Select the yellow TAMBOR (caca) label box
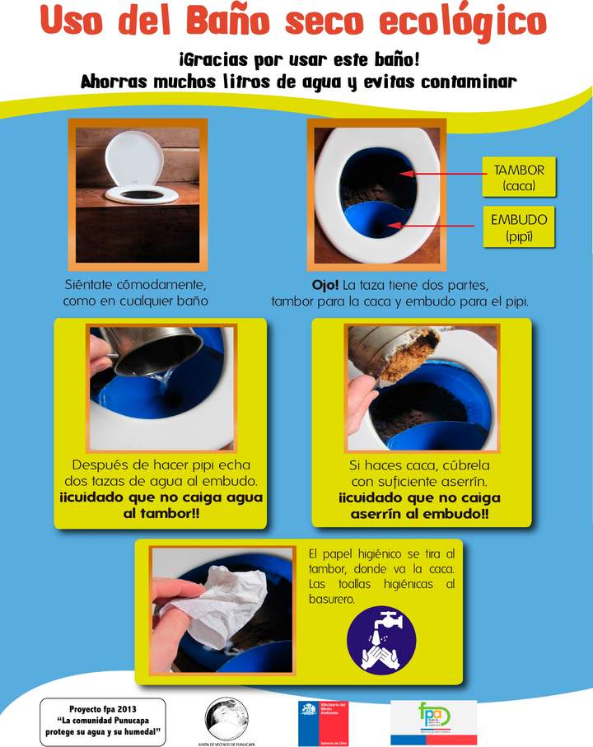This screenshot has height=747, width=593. [519, 178]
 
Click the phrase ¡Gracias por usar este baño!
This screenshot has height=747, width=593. [298, 61]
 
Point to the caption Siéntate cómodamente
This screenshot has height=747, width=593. [136, 285]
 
